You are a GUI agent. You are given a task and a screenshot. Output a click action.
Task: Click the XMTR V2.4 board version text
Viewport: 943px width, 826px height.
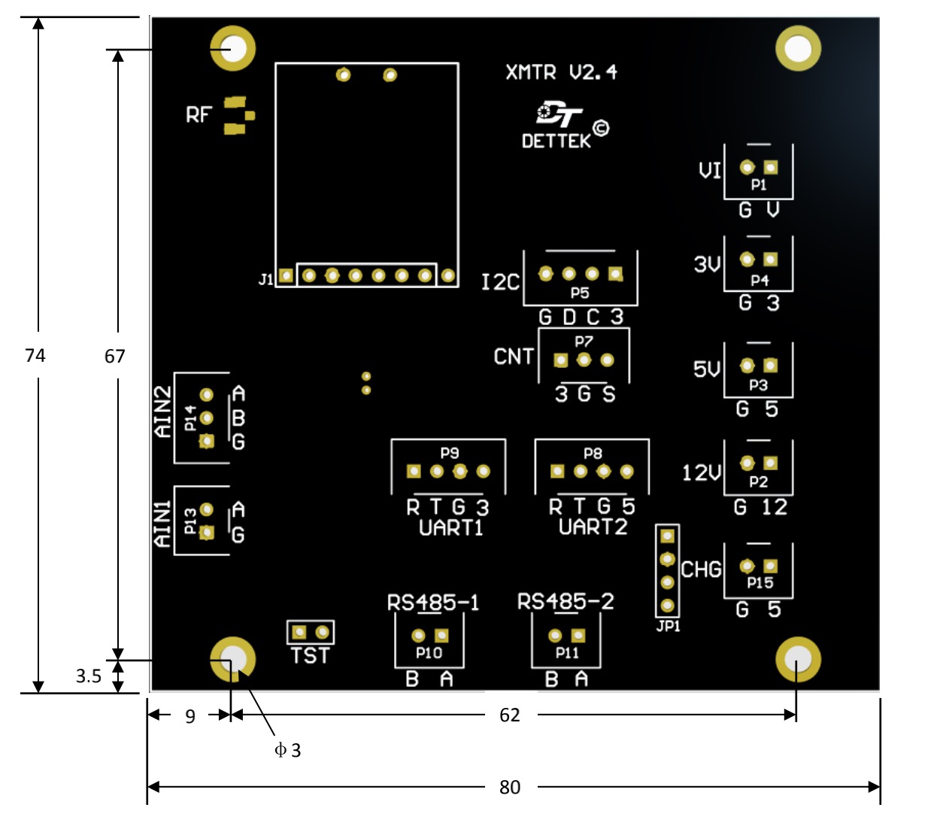pyautogui.click(x=561, y=72)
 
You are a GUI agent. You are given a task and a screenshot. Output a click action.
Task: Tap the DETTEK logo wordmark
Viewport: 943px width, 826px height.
pyautogui.click(x=556, y=141)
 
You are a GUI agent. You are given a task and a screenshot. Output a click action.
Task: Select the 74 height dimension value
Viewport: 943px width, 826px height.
pyautogui.click(x=35, y=355)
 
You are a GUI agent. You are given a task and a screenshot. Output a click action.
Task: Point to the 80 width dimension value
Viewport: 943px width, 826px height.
pyautogui.click(x=510, y=787)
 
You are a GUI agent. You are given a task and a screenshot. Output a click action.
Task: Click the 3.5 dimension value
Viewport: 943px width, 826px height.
pyautogui.click(x=89, y=676)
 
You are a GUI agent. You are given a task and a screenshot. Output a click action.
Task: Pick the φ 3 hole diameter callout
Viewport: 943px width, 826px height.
pyautogui.click(x=287, y=751)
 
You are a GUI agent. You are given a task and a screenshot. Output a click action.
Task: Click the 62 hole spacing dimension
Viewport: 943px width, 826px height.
pyautogui.click(x=510, y=715)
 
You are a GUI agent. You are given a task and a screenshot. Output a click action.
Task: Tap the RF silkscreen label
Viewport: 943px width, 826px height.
pyautogui.click(x=199, y=115)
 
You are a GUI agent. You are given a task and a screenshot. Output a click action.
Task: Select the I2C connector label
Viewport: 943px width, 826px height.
pyautogui.click(x=500, y=282)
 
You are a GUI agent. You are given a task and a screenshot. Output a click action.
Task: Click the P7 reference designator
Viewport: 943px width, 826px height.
pyautogui.click(x=584, y=342)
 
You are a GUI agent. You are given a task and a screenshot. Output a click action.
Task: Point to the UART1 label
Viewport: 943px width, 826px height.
pyautogui.click(x=450, y=528)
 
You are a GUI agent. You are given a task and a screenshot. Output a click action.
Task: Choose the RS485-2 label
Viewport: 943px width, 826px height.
pyautogui.click(x=565, y=602)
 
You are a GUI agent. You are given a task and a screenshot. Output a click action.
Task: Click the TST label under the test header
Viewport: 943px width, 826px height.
pyautogui.click(x=310, y=655)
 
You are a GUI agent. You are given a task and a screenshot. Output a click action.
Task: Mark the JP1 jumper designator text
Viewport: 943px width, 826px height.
pyautogui.click(x=668, y=627)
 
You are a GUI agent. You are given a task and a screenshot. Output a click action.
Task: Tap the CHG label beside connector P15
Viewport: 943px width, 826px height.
pyautogui.click(x=701, y=569)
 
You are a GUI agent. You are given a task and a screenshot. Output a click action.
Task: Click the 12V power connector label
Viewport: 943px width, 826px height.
pyautogui.click(x=702, y=472)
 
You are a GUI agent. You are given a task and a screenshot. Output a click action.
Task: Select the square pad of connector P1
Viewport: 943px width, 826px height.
pyautogui.click(x=771, y=167)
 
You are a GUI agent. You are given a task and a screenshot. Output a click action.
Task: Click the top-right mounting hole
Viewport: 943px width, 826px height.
pyautogui.click(x=799, y=48)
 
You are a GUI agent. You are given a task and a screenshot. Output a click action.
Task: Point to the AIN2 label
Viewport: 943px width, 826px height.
pyautogui.click(x=163, y=411)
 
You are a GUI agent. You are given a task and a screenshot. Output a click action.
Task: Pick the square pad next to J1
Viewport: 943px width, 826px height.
pyautogui.click(x=287, y=275)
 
